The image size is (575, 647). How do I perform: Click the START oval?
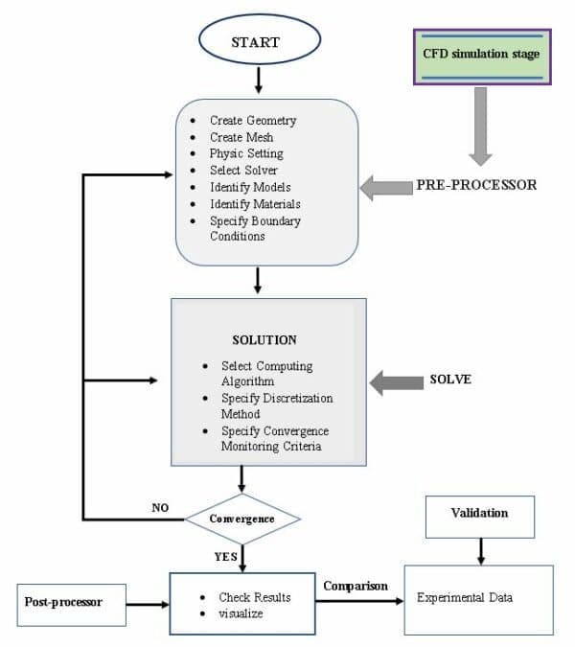pyautogui.click(x=256, y=43)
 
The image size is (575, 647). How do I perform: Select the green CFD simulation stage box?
pyautogui.click(x=481, y=56)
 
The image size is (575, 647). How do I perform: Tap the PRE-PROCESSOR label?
pyautogui.click(x=475, y=185)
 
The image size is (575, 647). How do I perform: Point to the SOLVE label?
pyautogui.click(x=451, y=381)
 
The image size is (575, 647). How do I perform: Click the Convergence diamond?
pyautogui.click(x=242, y=519)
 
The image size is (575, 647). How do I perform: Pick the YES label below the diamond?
pyautogui.click(x=226, y=555)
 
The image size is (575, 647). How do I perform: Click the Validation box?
pyautogui.click(x=479, y=514)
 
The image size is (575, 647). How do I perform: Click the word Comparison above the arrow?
pyautogui.click(x=356, y=586)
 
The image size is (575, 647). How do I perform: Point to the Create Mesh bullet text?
pyautogui.click(x=241, y=137)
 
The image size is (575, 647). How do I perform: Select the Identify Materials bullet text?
pyautogui.click(x=255, y=204)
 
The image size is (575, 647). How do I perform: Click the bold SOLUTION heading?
pyautogui.click(x=264, y=340)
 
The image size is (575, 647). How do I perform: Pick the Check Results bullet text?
pyautogui.click(x=254, y=597)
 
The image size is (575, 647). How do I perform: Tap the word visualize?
pyautogui.click(x=241, y=613)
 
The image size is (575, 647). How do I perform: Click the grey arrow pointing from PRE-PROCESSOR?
pyautogui.click(x=382, y=187)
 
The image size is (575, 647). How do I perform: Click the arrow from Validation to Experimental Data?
pyautogui.click(x=479, y=548)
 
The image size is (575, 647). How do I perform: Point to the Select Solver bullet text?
pyautogui.click(x=244, y=171)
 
